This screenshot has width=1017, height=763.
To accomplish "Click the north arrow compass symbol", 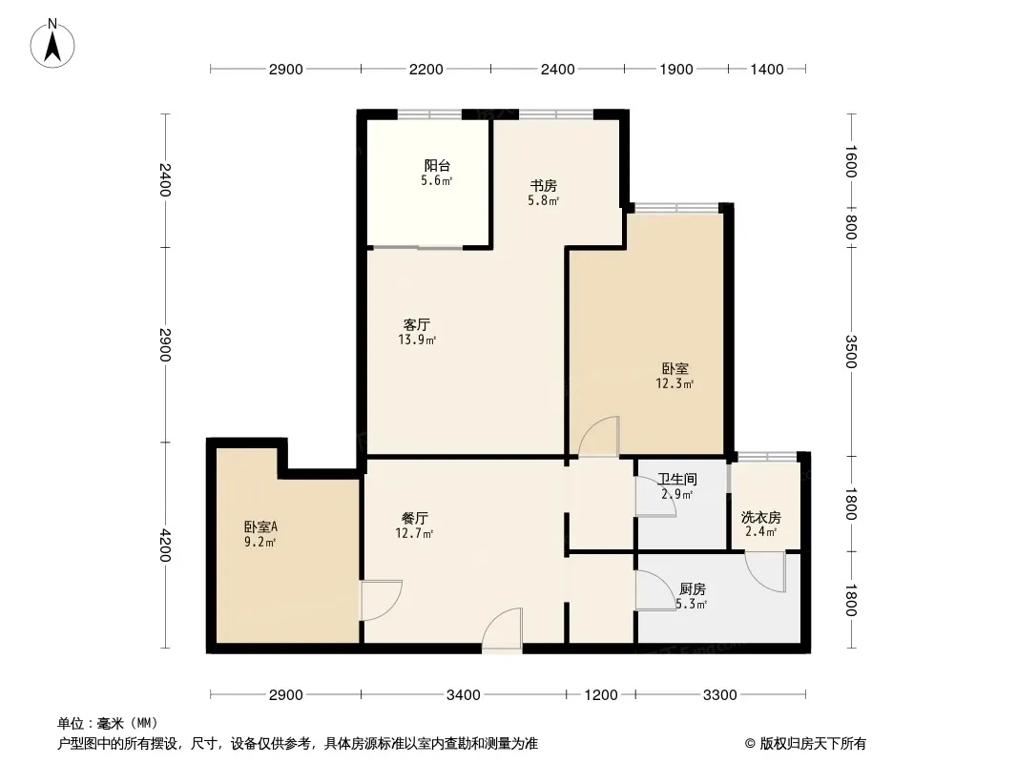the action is coord(52,44).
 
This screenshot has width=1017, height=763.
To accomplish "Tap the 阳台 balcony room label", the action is coord(437,165).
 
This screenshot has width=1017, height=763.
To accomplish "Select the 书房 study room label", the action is coord(544,185).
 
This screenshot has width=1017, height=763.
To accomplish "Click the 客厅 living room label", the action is coord(416,324).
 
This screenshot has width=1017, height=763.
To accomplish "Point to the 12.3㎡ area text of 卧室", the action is coord(675,383).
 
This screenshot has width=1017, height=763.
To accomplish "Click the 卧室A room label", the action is coord(260,527).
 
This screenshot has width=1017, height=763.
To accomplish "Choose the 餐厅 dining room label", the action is coord(414,518).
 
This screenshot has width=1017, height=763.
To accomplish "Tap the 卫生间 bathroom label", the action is coord(677,479).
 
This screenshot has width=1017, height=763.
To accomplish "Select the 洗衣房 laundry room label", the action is coord(760,517).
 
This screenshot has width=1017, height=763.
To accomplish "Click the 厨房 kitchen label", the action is coord(692,588).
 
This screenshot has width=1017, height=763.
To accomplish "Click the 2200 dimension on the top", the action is coord(426,69).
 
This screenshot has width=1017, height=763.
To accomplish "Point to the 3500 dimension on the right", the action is coord(852,351).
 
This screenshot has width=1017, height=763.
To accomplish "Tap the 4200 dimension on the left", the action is coord(165,546).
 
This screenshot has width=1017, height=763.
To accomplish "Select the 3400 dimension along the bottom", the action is coord(463,695).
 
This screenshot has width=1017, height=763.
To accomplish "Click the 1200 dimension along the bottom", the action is coord(601,695).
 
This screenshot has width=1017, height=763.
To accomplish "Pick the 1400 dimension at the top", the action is coord(767,69).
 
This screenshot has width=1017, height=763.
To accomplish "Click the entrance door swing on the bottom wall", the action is coord(502,629).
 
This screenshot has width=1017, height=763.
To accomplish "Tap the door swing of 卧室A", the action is coord(382,600).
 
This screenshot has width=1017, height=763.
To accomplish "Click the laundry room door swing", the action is coord(766,571).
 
